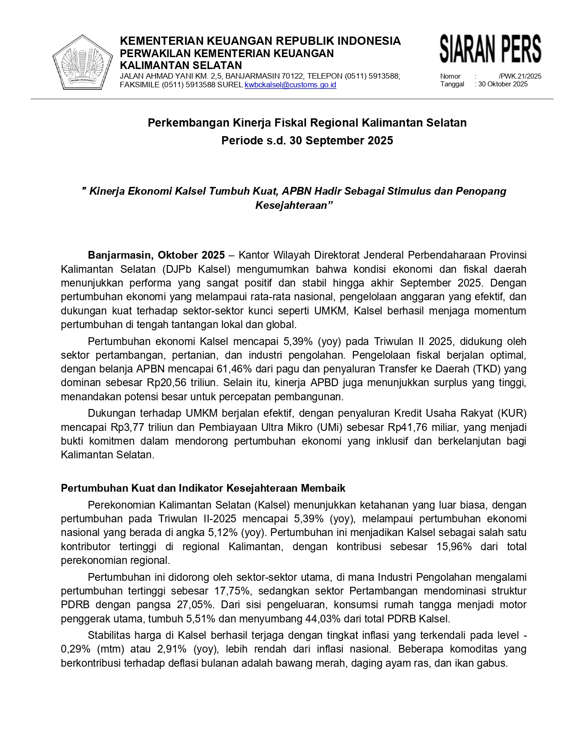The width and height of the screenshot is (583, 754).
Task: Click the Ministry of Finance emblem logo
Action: (82, 63)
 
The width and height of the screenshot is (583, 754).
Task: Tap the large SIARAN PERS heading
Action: (490, 48)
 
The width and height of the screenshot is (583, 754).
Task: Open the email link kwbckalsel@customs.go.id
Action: (290, 85)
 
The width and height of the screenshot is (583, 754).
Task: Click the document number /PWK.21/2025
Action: (520, 76)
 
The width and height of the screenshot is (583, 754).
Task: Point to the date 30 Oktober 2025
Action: (503, 84)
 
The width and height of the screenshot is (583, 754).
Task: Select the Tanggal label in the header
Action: (452, 84)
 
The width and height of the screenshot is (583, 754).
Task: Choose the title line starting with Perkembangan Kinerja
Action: (307, 123)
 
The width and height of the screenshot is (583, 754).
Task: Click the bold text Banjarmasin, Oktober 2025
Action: (156, 255)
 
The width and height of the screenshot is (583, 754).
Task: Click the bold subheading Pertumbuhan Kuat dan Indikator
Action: (203, 488)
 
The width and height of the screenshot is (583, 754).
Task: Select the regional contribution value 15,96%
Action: (454, 547)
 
